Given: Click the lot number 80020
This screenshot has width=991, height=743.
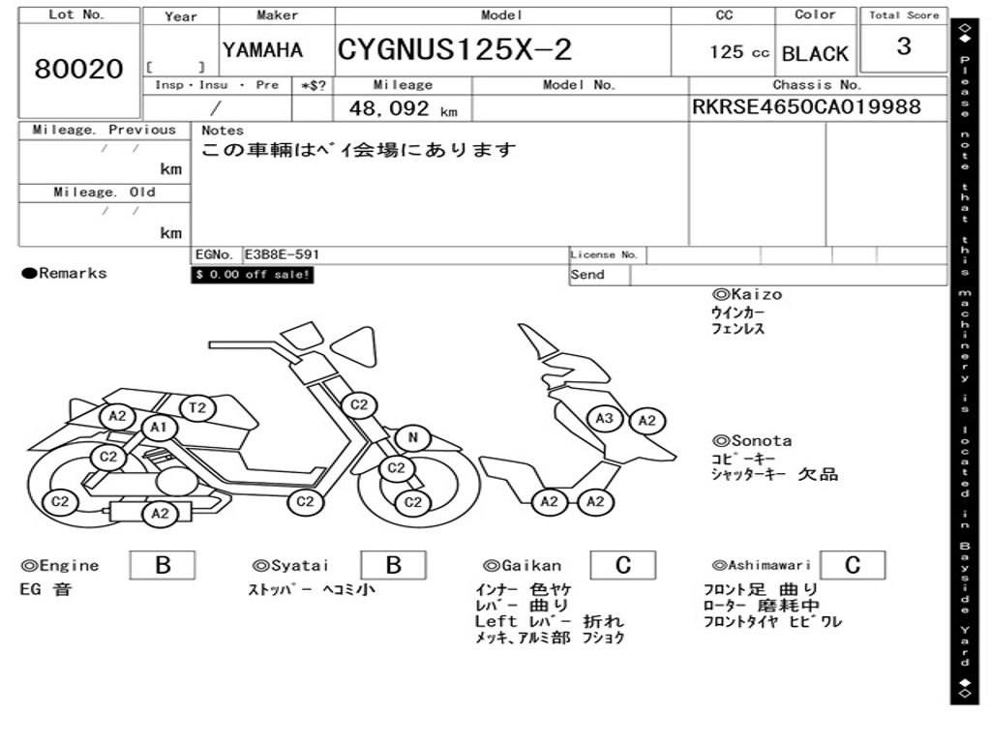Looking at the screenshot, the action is (79, 69).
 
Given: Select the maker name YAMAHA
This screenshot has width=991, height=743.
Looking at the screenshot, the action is (263, 50).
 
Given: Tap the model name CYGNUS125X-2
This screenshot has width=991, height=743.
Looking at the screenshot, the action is (455, 49).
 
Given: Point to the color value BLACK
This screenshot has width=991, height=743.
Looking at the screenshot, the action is (815, 54).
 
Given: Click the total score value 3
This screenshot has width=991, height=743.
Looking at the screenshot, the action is (904, 46).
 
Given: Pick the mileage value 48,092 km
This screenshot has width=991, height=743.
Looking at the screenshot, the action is (404, 108).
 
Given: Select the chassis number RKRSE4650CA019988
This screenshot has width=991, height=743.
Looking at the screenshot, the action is (806, 106).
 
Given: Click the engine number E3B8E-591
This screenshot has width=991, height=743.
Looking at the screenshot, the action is (282, 254).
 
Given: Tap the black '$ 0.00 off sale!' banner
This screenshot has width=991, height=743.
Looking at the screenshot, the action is (253, 275).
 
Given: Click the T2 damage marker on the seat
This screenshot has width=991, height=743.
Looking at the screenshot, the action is (197, 407).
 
